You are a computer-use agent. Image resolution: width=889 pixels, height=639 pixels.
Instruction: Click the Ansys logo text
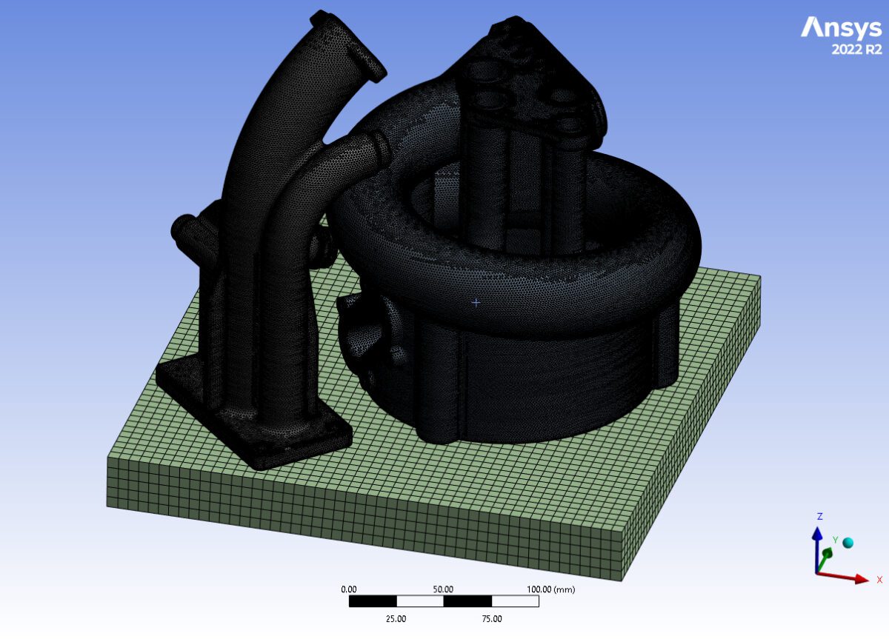pyautogui.click(x=841, y=28)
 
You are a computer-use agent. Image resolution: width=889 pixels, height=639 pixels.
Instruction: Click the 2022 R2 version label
pyautogui.click(x=857, y=50)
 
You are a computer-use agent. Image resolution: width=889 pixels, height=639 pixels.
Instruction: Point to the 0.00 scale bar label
pyautogui.click(x=349, y=589)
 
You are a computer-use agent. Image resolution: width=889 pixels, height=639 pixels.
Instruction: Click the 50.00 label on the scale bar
pyautogui.click(x=443, y=589)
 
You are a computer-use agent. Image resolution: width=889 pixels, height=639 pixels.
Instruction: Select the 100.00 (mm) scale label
pyautogui.click(x=550, y=589)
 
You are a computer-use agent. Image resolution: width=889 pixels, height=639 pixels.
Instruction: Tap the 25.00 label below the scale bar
pyautogui.click(x=396, y=618)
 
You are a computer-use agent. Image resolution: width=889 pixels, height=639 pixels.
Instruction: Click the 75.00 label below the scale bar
pyautogui.click(x=491, y=618)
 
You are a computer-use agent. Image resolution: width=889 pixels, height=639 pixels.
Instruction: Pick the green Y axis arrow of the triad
pyautogui.click(x=827, y=552)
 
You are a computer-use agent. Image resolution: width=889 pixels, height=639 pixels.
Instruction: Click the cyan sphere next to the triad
pyautogui.click(x=848, y=543)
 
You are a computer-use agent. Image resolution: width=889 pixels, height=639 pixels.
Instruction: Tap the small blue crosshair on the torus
pyautogui.click(x=476, y=302)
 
